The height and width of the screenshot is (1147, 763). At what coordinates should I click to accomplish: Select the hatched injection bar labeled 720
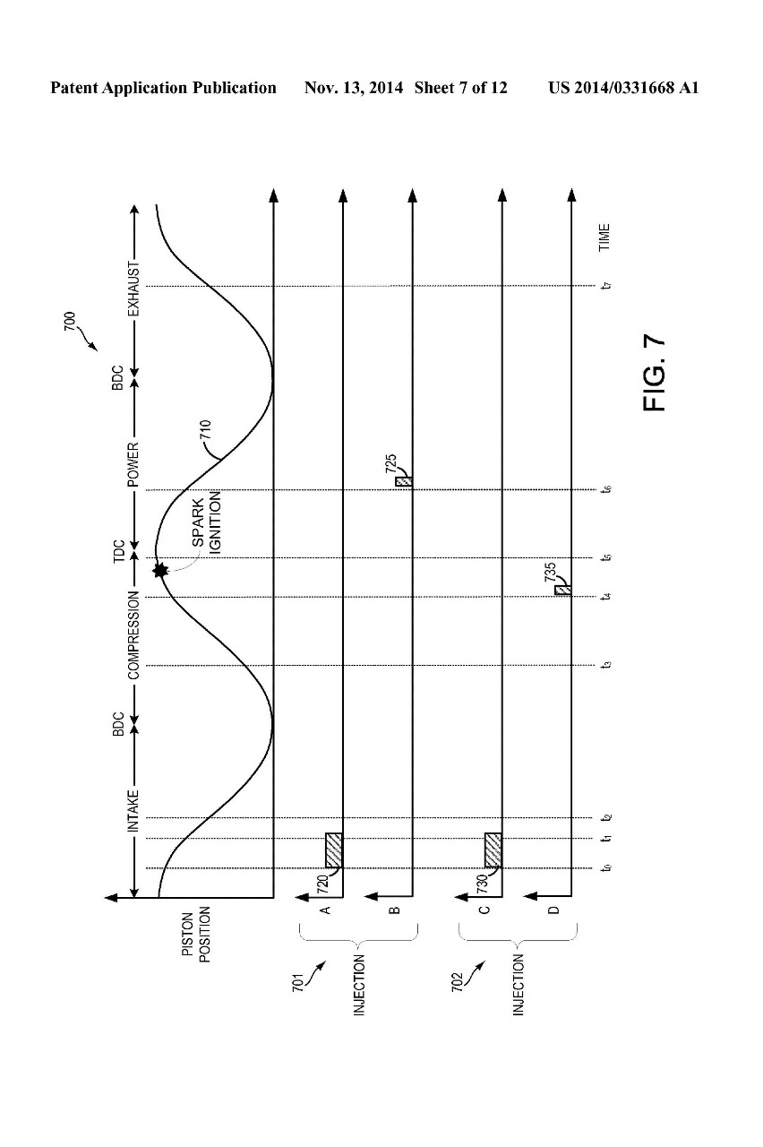(x=334, y=849)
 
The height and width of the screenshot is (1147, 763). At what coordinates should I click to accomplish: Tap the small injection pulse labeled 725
(x=404, y=481)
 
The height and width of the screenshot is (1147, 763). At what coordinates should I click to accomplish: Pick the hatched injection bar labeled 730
(x=493, y=849)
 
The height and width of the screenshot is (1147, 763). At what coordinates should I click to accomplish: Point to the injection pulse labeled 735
(x=563, y=589)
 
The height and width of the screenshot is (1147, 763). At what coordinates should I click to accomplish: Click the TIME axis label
(x=605, y=237)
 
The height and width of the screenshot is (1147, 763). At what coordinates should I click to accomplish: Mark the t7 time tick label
(x=606, y=286)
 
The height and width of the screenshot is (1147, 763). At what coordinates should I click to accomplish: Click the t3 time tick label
(x=606, y=665)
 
